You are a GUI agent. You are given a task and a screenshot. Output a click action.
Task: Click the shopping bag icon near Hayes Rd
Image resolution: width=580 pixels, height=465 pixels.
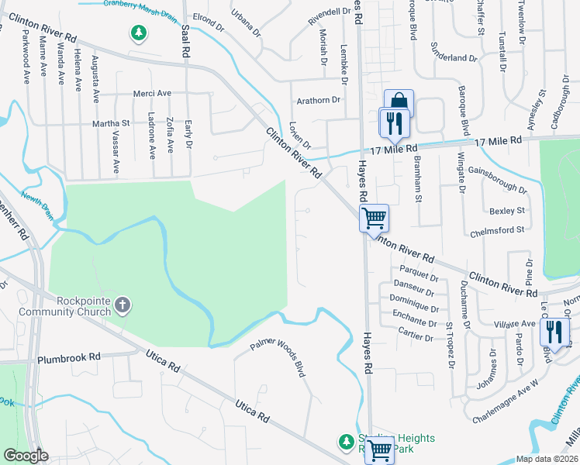click(399, 102)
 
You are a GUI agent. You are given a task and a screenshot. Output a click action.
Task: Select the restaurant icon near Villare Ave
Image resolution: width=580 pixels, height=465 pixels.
click(554, 331)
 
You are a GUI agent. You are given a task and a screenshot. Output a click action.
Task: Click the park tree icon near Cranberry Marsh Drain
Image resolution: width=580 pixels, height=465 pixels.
click(138, 33)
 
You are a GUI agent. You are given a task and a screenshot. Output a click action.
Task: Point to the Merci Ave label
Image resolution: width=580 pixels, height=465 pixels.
click(153, 93)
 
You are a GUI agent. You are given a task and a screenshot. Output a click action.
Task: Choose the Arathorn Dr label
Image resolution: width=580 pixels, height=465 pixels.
click(319, 101)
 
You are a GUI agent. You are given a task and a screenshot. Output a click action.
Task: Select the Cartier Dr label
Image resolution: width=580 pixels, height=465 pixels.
click(413, 337)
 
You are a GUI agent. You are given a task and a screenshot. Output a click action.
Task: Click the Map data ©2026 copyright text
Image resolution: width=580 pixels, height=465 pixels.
click(546, 459)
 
